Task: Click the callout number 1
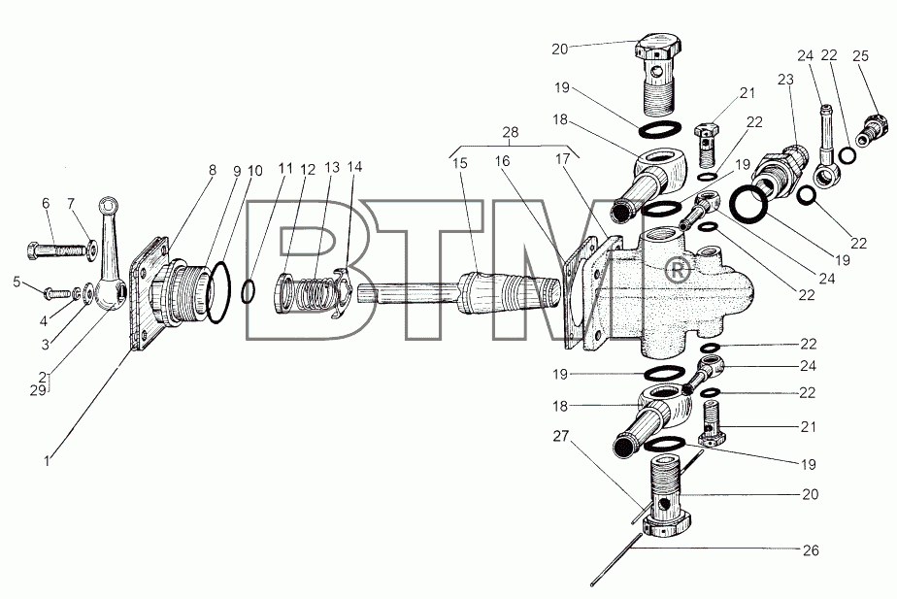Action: (47, 459)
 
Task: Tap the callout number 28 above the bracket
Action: (511, 132)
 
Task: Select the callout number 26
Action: (811, 550)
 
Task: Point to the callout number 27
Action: (561, 436)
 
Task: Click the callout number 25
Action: (860, 55)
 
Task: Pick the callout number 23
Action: (786, 80)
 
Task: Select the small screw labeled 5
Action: (56, 293)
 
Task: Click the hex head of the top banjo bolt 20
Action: (659, 45)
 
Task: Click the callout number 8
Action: (213, 170)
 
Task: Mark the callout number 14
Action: (354, 167)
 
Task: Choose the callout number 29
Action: (38, 390)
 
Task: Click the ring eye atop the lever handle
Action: (107, 205)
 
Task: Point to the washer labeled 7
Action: (90, 250)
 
